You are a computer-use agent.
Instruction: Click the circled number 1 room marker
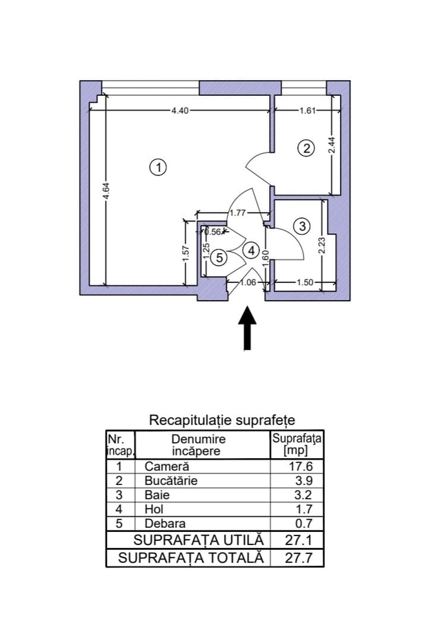(159, 167)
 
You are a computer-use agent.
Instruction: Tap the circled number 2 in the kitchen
(306, 147)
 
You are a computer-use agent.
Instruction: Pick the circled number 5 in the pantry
(219, 257)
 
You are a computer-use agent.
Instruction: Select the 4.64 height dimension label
(106, 191)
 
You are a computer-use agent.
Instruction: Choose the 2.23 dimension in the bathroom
(322, 246)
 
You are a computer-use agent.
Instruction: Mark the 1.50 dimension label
(306, 282)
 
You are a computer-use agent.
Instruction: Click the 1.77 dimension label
(238, 213)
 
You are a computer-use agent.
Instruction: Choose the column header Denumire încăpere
(199, 445)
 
